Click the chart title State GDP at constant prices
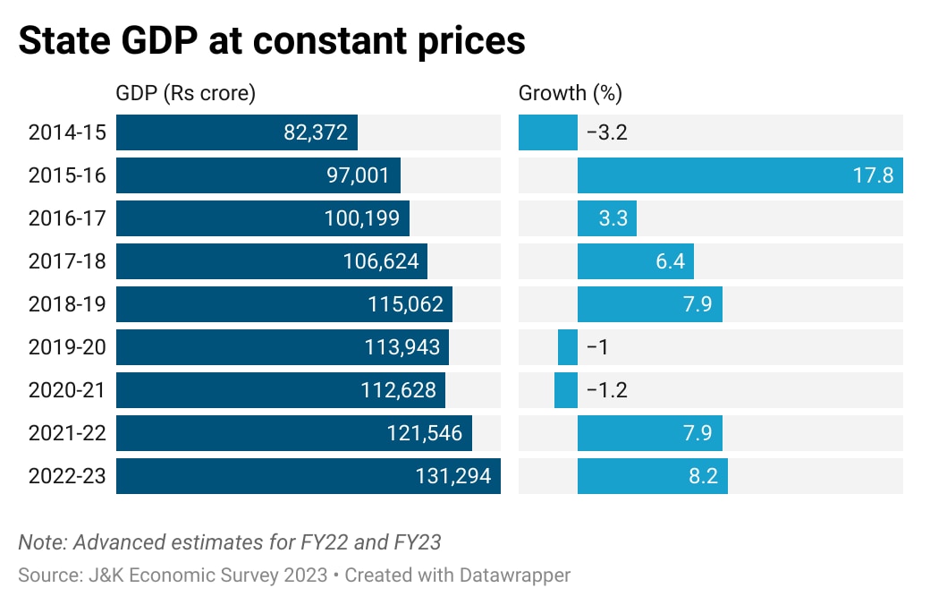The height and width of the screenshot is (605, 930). click(x=272, y=41)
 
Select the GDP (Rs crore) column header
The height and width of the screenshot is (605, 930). click(x=186, y=93)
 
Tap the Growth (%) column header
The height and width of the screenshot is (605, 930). click(x=571, y=93)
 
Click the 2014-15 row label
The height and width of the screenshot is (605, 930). click(x=67, y=132)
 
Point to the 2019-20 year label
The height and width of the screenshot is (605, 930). click(x=67, y=347)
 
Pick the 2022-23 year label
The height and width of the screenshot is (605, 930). click(x=67, y=476)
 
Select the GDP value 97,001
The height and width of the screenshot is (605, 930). click(x=358, y=175)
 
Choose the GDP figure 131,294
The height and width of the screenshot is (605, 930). click(x=453, y=476)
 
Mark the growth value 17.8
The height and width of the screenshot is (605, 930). click(x=874, y=175)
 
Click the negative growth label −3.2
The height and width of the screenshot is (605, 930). click(x=606, y=132)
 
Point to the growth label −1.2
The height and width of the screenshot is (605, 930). click(x=606, y=390)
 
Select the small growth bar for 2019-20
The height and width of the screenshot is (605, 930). click(x=568, y=347)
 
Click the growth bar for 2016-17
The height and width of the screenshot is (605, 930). click(x=606, y=218)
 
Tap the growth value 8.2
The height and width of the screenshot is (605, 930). click(x=702, y=476)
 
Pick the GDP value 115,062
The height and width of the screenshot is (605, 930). click(x=405, y=304)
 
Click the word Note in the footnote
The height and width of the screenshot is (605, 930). click(x=42, y=541)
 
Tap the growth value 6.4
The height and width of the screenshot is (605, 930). click(x=670, y=261)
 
